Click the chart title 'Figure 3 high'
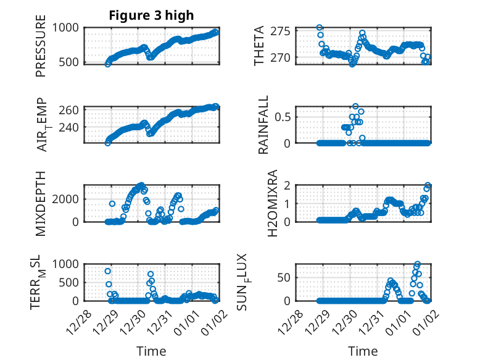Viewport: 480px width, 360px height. [x=151, y=15]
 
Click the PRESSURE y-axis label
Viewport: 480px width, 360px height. [x=41, y=50]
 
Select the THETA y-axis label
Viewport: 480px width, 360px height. [x=260, y=46]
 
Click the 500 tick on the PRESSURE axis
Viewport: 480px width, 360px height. [x=69, y=62]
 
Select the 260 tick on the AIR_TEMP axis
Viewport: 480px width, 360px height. [x=69, y=110]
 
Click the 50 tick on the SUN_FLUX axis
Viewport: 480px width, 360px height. [x=284, y=277]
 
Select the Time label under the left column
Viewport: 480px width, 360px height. [x=151, y=351]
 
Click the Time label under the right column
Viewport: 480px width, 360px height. [x=363, y=351]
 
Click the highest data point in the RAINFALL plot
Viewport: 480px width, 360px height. [x=355, y=106]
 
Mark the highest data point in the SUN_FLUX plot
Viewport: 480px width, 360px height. [x=418, y=264]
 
